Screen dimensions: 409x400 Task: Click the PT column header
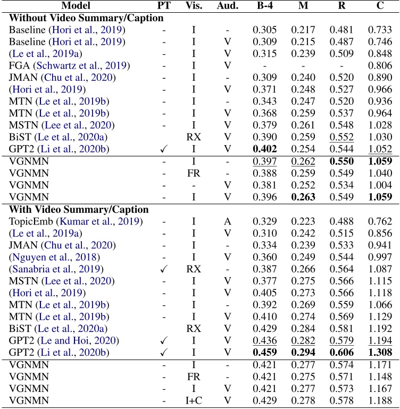[164, 6]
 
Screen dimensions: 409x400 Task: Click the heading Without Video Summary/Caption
[86, 18]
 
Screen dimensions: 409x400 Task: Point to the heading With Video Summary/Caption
[79, 209]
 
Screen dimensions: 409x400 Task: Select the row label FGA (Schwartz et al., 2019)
[62, 66]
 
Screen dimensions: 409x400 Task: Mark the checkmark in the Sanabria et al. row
[164, 269]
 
